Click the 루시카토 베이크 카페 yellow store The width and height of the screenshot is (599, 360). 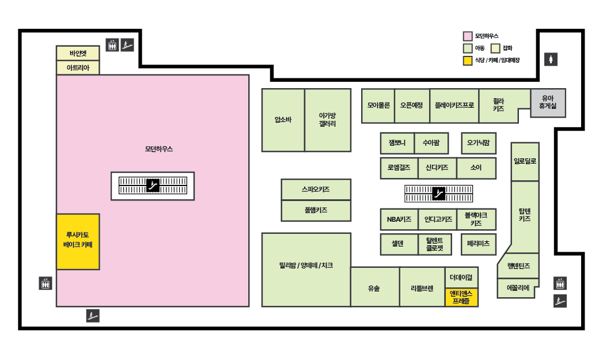(x=78, y=241)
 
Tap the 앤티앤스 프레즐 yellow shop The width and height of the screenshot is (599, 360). (x=461, y=297)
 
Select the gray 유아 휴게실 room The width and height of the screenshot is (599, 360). (x=548, y=103)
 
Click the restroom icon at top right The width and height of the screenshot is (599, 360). (x=551, y=59)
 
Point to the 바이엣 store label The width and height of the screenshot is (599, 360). (x=78, y=53)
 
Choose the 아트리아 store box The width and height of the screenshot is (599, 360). (x=78, y=67)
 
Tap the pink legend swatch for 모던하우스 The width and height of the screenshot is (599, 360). (x=468, y=36)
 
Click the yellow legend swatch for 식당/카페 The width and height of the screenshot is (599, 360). (x=468, y=60)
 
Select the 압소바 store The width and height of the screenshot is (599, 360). (x=283, y=120)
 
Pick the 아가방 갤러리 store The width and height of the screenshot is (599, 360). (x=327, y=120)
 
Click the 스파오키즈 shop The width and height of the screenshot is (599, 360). (x=316, y=189)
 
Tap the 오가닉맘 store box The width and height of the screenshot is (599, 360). (x=478, y=142)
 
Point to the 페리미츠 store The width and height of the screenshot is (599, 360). (x=478, y=244)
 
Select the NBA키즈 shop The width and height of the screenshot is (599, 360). (x=399, y=219)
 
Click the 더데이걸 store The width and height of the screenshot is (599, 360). (x=461, y=277)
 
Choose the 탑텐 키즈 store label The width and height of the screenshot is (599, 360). (x=524, y=215)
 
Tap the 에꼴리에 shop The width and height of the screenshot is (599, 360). (x=517, y=287)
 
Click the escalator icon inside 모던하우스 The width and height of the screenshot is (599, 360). (x=153, y=185)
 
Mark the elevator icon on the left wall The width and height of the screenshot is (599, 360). (x=46, y=283)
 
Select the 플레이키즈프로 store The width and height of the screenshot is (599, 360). (x=454, y=105)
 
